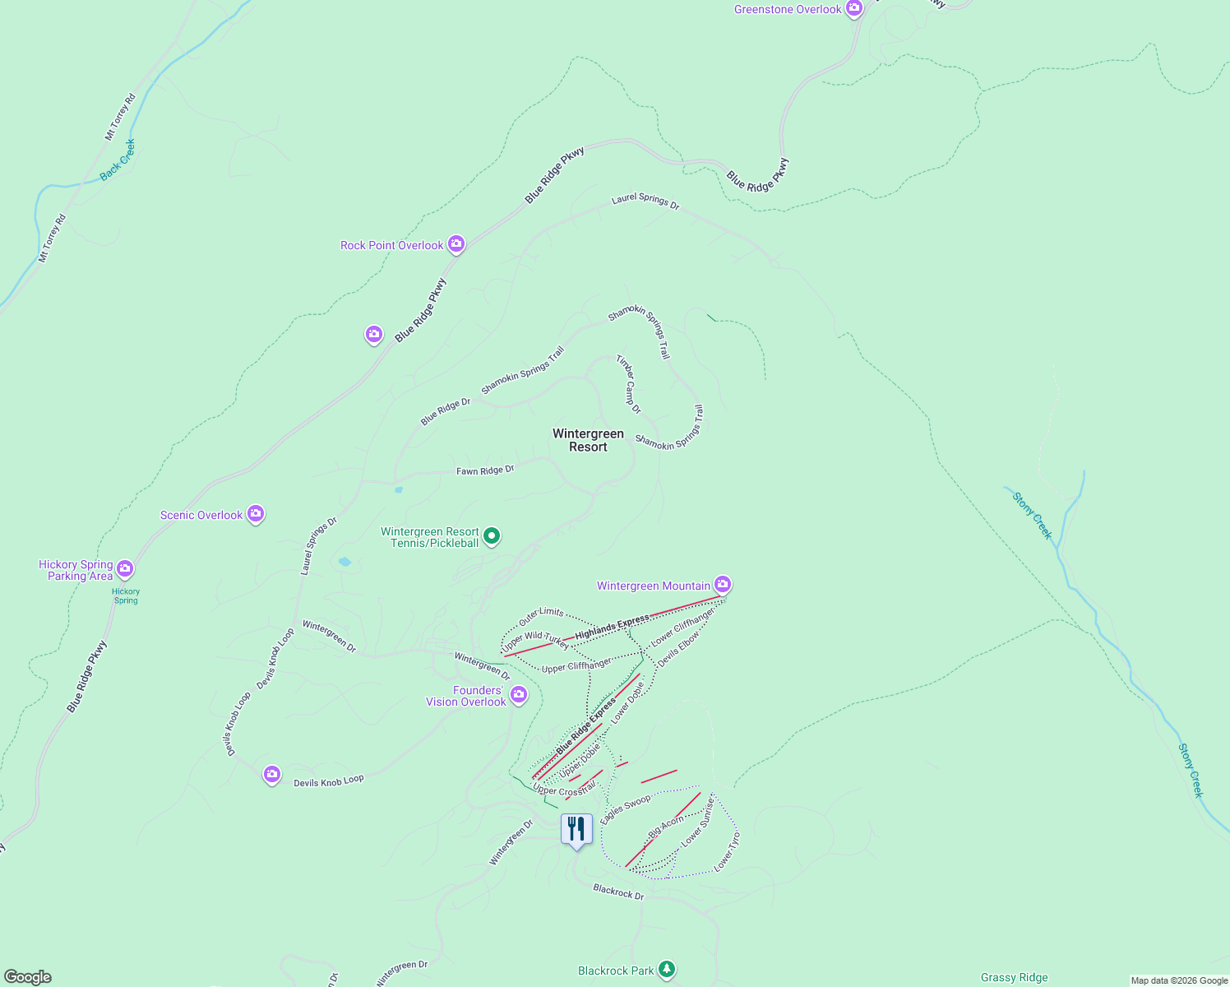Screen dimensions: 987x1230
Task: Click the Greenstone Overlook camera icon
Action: [854, 9]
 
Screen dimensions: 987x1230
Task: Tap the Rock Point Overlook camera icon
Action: [456, 244]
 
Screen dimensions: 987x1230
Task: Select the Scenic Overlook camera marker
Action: [256, 514]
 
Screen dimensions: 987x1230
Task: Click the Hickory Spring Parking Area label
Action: [76, 570]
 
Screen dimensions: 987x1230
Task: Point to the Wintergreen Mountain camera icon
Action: [723, 585]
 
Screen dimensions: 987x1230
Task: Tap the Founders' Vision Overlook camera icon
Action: [519, 695]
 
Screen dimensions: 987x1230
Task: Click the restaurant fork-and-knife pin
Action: [576, 828]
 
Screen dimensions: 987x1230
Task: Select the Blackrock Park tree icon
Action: [667, 970]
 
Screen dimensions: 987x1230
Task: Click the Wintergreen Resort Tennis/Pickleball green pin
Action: [492, 537]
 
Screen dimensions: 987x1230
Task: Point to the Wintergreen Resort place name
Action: [588, 440]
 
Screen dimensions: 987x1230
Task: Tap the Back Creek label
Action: [118, 160]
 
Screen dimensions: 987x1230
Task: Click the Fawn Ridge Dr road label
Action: [485, 470]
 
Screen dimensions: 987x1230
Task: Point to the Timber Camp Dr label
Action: [628, 384]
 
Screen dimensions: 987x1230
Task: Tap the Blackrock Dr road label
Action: [618, 892]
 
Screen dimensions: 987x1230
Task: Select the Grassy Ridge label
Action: [1014, 977]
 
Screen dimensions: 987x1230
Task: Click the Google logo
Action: [28, 977]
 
